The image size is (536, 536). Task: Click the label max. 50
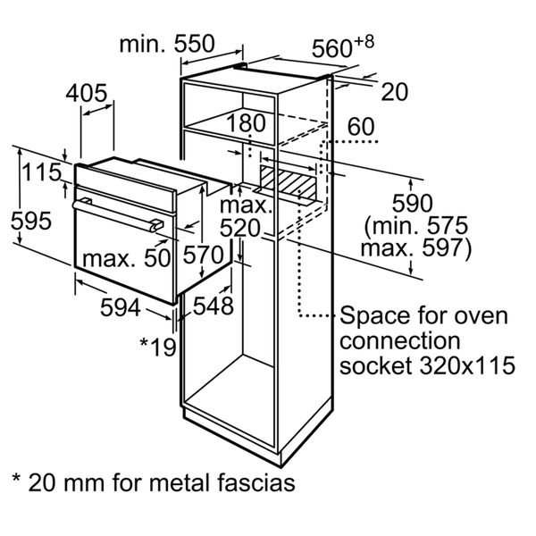(127, 259)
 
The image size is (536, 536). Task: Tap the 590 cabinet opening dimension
(412, 202)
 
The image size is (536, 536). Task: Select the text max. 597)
(415, 247)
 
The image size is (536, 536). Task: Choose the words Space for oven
(423, 316)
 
